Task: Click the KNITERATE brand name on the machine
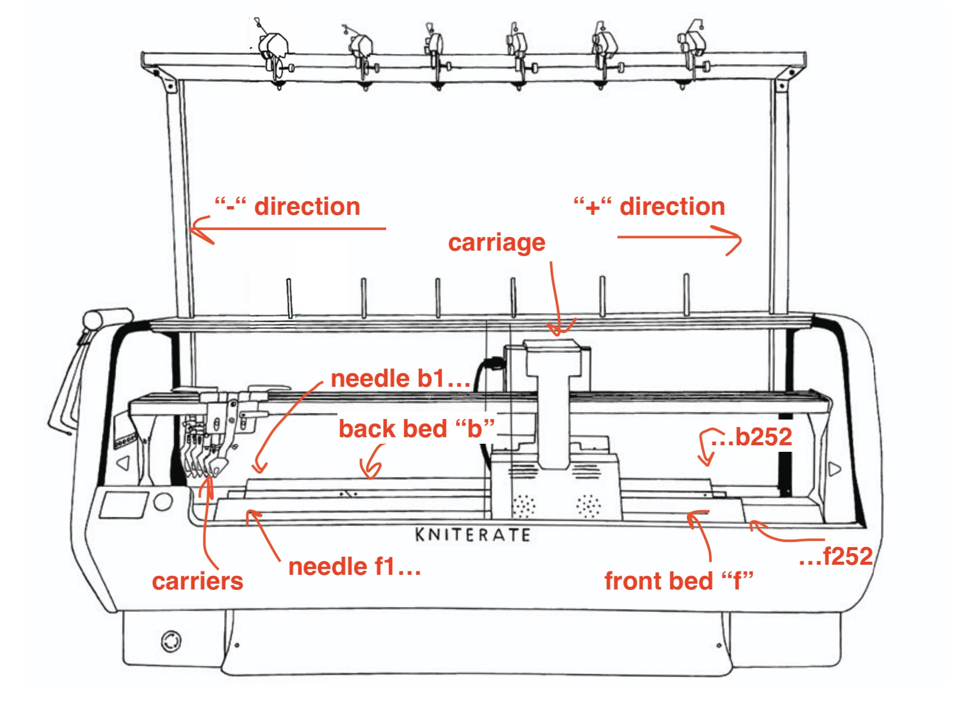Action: point(472,534)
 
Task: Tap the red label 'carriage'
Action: point(497,243)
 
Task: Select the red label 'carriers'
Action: point(197,581)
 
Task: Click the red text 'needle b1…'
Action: point(400,379)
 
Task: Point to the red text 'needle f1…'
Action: point(354,567)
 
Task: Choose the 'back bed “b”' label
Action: point(416,429)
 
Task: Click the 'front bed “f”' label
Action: point(678,581)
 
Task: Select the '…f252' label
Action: point(836,557)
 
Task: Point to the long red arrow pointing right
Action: point(679,238)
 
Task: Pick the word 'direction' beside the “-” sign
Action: point(307,207)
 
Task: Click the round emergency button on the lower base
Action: point(171,641)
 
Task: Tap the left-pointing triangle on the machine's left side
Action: point(123,464)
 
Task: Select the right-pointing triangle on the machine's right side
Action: point(835,469)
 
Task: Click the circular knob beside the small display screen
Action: point(163,502)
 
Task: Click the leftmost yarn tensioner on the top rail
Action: point(273,50)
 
